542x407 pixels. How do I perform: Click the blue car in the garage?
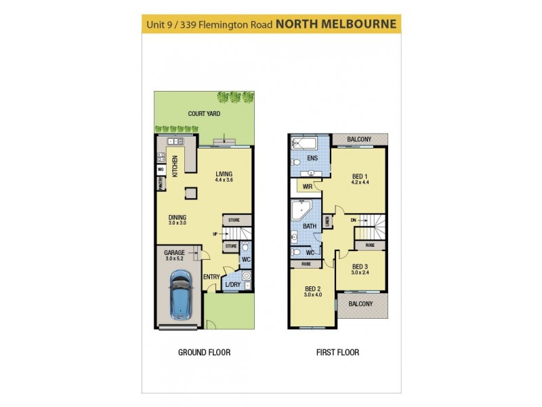(x=181, y=296)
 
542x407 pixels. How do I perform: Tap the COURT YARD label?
(x=204, y=114)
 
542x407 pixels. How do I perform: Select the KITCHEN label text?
(x=174, y=166)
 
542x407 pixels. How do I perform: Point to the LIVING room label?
(x=224, y=174)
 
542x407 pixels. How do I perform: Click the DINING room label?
(x=178, y=218)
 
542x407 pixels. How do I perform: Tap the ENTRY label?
(x=211, y=277)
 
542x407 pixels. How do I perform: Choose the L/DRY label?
(x=232, y=284)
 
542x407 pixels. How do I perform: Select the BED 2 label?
(x=312, y=289)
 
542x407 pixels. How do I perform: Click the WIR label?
(x=307, y=187)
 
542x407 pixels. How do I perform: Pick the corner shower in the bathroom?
(x=301, y=211)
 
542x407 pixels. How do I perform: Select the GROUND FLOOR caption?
(x=204, y=353)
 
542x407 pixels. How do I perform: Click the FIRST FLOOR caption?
(x=337, y=353)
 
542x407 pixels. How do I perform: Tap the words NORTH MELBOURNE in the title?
(x=335, y=24)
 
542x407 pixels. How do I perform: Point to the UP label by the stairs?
(x=215, y=234)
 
